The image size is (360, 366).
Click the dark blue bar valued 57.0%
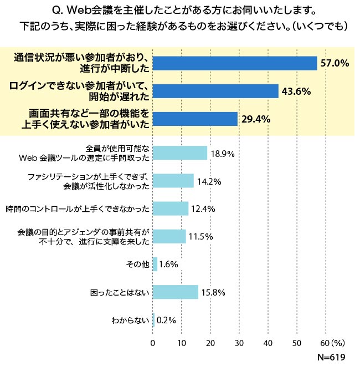pos(234,63)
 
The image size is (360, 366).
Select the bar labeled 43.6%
pos(215,91)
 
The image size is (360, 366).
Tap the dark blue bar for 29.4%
pos(195,119)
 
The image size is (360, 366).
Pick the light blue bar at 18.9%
pos(179,153)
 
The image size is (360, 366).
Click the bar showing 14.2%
pos(173,181)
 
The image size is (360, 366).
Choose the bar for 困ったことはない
pos(175,292)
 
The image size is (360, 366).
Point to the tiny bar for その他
pos(155,264)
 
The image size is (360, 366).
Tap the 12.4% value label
pos(203,209)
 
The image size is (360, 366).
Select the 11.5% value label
pos(200,237)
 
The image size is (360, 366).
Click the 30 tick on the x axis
pos(239,343)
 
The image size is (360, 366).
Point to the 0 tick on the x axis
pos(153,343)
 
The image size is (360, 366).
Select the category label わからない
pos(130,320)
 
